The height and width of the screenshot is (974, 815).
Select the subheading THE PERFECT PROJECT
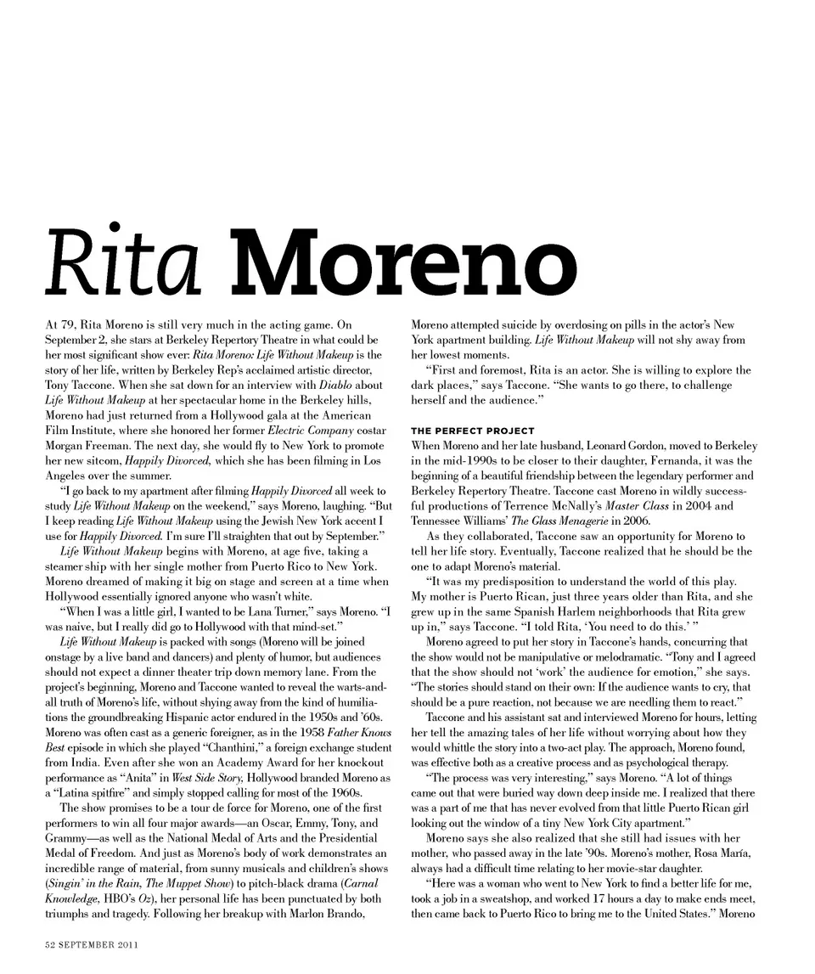(473, 431)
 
